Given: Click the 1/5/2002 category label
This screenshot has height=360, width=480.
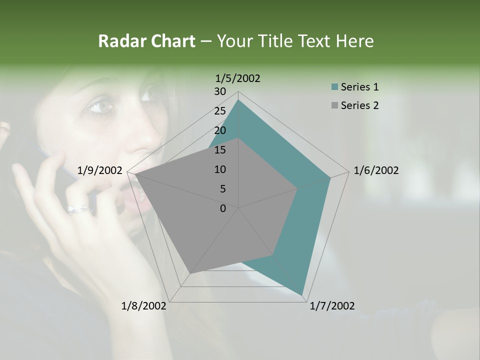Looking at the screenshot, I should pyautogui.click(x=238, y=78).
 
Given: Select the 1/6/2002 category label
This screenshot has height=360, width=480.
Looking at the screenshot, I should pyautogui.click(x=376, y=170).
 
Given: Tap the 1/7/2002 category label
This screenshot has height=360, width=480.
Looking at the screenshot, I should pyautogui.click(x=332, y=306).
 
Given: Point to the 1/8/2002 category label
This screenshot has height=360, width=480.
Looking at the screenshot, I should pyautogui.click(x=144, y=306).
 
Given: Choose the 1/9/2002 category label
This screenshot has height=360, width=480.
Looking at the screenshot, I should pyautogui.click(x=100, y=170).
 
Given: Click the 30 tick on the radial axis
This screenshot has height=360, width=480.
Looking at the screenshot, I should pyautogui.click(x=220, y=91).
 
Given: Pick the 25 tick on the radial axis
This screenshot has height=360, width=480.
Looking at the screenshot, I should pyautogui.click(x=220, y=111).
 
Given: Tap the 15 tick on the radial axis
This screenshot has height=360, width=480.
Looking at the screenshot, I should pyautogui.click(x=220, y=150).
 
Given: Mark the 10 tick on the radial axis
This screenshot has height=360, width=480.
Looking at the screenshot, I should pyautogui.click(x=220, y=169).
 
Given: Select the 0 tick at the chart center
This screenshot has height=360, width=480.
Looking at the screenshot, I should pyautogui.click(x=223, y=208).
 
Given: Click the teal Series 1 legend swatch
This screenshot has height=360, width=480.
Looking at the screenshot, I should pyautogui.click(x=334, y=87).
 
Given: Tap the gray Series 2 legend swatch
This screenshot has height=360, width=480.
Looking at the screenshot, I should pyautogui.click(x=334, y=105).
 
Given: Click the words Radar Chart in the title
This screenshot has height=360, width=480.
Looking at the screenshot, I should pyautogui.click(x=146, y=41).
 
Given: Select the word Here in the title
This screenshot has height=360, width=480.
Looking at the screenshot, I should pyautogui.click(x=354, y=41).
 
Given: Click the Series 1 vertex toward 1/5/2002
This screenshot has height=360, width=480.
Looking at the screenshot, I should pyautogui.click(x=238, y=99).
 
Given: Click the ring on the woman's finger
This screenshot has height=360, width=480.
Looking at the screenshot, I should pyautogui.click(x=79, y=208).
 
